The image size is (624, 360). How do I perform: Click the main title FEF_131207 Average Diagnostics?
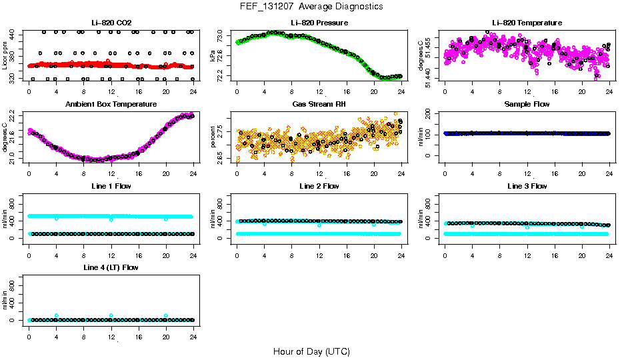[x=312, y=6]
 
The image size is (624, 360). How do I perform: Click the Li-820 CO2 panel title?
[x=111, y=23]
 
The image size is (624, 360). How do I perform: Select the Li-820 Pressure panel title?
[x=319, y=23]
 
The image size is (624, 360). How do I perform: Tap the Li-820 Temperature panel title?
[x=527, y=23]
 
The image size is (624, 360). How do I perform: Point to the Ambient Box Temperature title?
[x=111, y=104]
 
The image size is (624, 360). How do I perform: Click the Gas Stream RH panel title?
[x=319, y=104]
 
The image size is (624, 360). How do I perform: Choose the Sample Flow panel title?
[x=527, y=104]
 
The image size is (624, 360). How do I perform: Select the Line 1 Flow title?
[x=111, y=186]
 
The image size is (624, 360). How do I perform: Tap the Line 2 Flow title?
[x=319, y=186]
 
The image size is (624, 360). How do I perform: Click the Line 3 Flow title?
[x=527, y=186]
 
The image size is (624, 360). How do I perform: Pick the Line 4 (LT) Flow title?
[x=111, y=267]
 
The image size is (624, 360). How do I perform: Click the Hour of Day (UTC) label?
[x=311, y=351]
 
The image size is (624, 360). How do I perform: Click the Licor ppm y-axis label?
[x=5, y=56]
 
